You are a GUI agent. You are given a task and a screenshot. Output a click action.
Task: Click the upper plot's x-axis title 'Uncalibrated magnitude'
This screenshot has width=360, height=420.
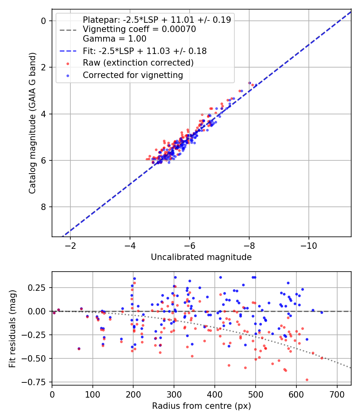click(201, 257)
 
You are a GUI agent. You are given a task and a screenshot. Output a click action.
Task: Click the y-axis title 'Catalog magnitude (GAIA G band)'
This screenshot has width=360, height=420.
click(32, 123)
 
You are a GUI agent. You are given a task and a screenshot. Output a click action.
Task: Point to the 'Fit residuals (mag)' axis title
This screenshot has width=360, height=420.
click(12, 328)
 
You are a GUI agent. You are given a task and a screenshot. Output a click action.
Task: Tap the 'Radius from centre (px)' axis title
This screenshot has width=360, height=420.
click(202, 406)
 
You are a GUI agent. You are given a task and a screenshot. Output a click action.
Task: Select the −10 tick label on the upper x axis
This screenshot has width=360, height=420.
click(308, 246)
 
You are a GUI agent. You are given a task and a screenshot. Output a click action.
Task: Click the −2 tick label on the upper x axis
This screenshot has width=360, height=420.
click(70, 246)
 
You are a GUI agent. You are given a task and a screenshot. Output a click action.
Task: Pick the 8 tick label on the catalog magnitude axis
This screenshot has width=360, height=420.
click(44, 207)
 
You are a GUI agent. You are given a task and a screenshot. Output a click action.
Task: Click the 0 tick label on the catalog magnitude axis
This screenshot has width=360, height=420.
click(44, 21)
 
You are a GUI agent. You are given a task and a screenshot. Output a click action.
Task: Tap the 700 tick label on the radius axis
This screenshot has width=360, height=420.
click(337, 394)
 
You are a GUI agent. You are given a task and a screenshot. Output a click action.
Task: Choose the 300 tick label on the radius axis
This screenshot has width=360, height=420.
click(174, 394)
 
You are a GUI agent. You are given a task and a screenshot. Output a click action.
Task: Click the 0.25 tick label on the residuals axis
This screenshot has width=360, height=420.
click(38, 288)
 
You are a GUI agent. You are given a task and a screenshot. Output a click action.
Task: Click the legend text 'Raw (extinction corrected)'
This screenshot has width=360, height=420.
click(138, 63)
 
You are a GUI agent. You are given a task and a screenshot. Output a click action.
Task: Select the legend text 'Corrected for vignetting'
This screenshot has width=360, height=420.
click(133, 75)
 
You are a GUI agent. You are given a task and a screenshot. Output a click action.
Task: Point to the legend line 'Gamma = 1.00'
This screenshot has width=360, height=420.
click(115, 38)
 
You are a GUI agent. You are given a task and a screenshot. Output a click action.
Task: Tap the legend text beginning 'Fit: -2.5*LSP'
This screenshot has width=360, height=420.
click(145, 51)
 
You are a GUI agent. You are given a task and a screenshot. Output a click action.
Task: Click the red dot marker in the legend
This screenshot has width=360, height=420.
click(68, 64)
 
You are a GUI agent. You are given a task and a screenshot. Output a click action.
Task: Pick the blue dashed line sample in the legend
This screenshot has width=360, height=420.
click(68, 51)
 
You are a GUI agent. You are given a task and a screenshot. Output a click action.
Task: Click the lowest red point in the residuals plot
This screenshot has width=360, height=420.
click(307, 380)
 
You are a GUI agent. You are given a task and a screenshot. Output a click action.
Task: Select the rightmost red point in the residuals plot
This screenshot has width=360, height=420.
click(322, 358)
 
